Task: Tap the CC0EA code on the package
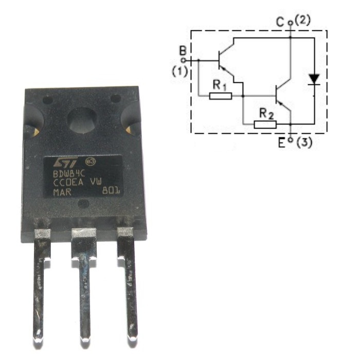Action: click(x=69, y=182)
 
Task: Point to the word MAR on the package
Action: click(x=63, y=191)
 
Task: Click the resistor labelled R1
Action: click(x=221, y=95)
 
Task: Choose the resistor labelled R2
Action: click(x=265, y=124)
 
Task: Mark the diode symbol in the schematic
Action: click(x=314, y=80)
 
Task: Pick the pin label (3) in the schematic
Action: click(x=304, y=142)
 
